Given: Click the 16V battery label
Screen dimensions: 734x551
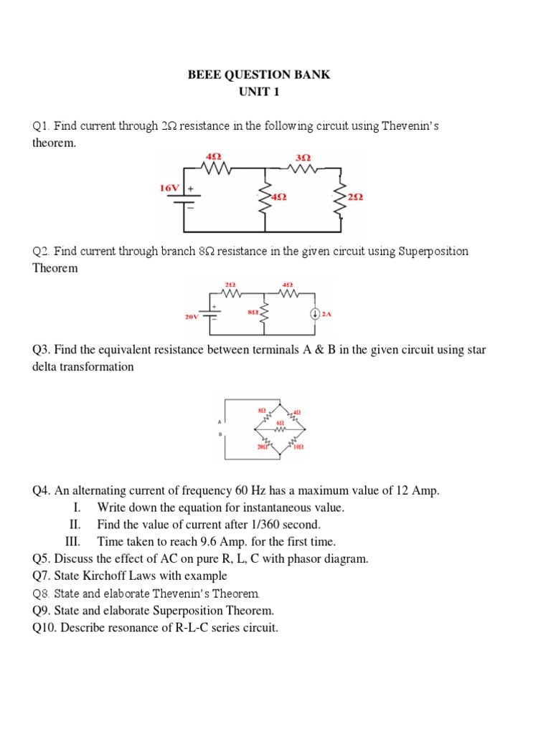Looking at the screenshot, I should pyautogui.click(x=169, y=188).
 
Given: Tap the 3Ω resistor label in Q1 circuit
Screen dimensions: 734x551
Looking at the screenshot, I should pyautogui.click(x=303, y=156).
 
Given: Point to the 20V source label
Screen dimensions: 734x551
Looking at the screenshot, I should pyautogui.click(x=192, y=315).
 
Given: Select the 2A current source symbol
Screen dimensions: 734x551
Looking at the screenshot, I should pyautogui.click(x=314, y=313).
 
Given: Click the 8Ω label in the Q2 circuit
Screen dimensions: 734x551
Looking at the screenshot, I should pyautogui.click(x=253, y=313).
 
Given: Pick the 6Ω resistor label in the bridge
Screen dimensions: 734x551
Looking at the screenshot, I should pyautogui.click(x=280, y=423).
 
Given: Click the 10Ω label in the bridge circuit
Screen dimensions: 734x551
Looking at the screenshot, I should pyautogui.click(x=298, y=446).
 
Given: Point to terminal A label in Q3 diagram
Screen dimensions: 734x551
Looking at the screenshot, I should pyautogui.click(x=220, y=421).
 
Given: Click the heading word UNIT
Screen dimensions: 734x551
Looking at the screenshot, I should pyautogui.click(x=252, y=92).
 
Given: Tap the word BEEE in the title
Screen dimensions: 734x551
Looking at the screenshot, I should pyautogui.click(x=204, y=75).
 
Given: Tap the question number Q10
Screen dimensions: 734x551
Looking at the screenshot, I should pyautogui.click(x=45, y=629).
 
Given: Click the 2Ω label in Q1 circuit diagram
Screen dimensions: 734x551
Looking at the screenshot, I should pyautogui.click(x=354, y=196).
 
